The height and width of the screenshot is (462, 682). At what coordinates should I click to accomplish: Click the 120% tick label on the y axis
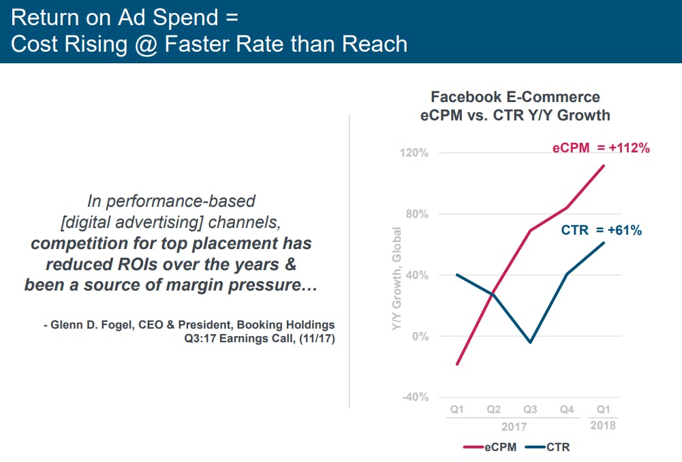(414, 153)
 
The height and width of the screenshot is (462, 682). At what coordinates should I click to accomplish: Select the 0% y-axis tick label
(420, 336)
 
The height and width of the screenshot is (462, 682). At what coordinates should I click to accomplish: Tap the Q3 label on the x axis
(530, 410)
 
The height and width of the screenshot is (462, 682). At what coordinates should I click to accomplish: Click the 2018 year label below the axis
(603, 425)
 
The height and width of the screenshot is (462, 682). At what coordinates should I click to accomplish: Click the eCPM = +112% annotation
(601, 147)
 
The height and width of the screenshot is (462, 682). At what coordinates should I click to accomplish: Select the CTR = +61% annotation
(601, 230)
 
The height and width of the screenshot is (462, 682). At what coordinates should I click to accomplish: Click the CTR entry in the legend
(548, 447)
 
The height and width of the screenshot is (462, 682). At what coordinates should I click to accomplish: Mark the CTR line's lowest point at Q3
(530, 342)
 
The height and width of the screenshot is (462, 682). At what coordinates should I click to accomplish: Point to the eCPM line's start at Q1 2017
(457, 364)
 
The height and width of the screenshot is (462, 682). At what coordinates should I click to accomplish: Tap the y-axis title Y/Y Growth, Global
(397, 280)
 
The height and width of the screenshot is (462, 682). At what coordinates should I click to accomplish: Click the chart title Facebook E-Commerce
(515, 97)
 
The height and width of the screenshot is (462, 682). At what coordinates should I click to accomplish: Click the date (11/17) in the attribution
(314, 338)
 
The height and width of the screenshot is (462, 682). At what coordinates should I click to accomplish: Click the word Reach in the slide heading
(374, 44)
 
